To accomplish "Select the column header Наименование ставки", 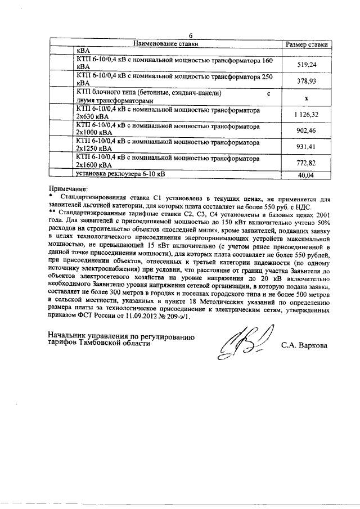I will (167, 43).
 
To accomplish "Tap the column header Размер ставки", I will (306, 44).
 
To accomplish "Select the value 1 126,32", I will (306, 114).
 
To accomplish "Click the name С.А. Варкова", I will (304, 345).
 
